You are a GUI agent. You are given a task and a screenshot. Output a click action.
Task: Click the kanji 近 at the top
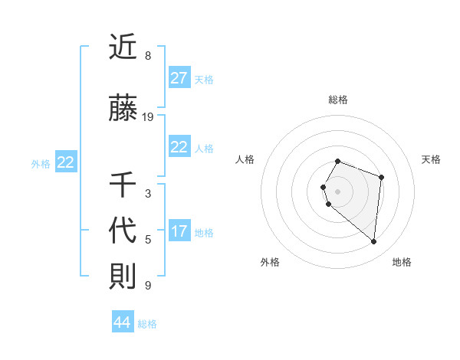pos(123,48)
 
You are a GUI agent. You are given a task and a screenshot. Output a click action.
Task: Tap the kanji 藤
pos(123,109)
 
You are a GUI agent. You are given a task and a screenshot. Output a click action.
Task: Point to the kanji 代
pos(123,231)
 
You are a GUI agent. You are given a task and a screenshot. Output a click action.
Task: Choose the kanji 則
pos(123,276)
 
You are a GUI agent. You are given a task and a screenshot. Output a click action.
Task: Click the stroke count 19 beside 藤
pos(148,117)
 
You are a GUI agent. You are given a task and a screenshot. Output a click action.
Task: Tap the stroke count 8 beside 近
pos(147,56)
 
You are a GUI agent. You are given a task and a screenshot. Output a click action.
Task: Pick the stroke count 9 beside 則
pos(147,286)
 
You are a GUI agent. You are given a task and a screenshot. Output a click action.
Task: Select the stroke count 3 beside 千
pos(147,194)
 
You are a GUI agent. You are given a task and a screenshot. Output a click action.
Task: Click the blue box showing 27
pos(179,78)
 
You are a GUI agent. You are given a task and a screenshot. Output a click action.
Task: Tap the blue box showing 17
pos(179,231)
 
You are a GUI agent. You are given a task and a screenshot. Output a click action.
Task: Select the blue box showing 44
pos(122,322)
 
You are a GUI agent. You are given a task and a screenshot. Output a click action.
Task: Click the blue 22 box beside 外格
pos(66,162)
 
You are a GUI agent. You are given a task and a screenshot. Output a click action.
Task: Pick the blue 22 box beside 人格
pos(179,147)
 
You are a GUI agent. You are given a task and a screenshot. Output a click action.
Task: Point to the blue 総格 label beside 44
pos(147,324)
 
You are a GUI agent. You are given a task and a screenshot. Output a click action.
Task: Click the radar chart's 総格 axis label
pos(338,100)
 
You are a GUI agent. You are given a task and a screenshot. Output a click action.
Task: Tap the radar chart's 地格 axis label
pos(402,262)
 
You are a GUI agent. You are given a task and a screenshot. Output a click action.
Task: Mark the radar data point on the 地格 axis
pos(373,242)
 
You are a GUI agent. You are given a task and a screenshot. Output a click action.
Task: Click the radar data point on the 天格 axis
pos(381,177)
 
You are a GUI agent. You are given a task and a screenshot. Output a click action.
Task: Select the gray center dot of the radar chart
pos(338,190)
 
